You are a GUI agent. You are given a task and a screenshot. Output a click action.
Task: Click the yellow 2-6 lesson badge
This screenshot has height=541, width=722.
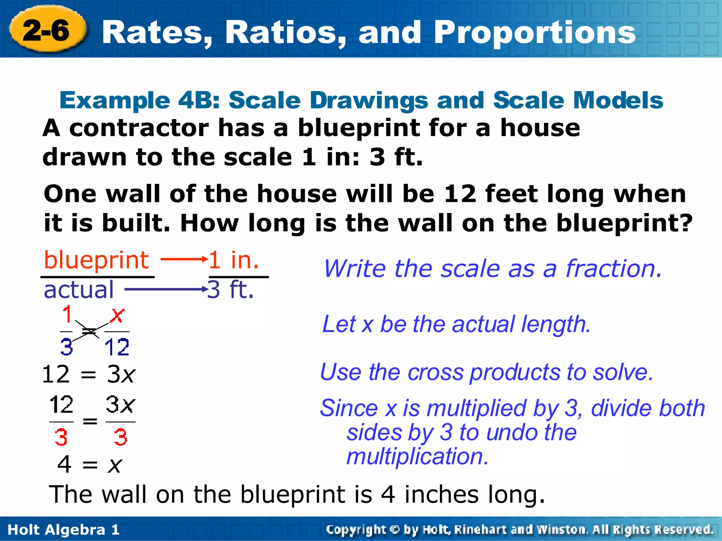[x=47, y=30]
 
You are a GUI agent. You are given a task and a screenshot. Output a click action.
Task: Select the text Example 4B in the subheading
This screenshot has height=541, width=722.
[x=140, y=100]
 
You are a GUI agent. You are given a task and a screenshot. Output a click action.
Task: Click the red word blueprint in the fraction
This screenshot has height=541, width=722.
[x=96, y=260]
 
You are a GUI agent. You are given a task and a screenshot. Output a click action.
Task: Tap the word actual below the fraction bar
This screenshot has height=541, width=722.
[x=79, y=290]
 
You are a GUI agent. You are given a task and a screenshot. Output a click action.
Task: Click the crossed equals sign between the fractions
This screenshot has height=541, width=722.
[x=89, y=331]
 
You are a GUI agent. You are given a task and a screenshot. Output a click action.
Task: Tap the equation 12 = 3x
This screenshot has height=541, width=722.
[x=88, y=374]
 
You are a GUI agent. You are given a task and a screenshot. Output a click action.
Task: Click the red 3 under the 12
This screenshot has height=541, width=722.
[x=61, y=437]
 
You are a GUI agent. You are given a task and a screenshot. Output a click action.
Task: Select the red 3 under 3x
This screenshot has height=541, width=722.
[x=120, y=437]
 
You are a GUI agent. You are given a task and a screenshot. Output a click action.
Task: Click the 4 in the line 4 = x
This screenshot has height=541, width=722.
[x=65, y=464]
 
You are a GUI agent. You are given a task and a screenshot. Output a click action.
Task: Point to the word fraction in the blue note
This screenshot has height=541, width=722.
[x=613, y=269]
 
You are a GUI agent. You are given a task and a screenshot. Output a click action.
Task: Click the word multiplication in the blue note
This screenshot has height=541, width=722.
[x=417, y=456]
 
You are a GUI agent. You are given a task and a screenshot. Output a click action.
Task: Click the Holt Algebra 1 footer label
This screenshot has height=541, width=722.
[x=63, y=530]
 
